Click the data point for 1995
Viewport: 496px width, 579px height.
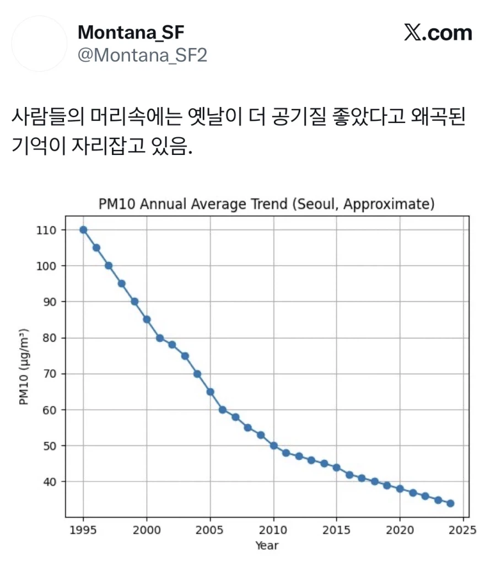tap(83, 230)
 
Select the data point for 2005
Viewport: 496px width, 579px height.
tap(210, 392)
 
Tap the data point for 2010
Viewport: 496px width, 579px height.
tap(273, 446)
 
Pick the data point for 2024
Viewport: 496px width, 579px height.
tap(450, 503)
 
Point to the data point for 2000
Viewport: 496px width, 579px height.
tap(147, 319)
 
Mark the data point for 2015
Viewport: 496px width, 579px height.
tap(336, 467)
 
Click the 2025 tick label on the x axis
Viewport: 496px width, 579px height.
tap(463, 530)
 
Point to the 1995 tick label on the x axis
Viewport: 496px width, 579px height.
tap(83, 530)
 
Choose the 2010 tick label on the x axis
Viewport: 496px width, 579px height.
tap(273, 530)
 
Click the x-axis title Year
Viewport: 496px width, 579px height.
tap(267, 546)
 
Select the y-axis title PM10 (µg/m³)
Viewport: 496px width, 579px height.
tap(24, 367)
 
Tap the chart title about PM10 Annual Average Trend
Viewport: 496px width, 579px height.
tap(267, 204)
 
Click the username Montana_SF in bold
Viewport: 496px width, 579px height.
tap(131, 33)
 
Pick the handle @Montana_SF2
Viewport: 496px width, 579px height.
tap(142, 56)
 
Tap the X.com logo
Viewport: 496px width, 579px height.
tap(438, 33)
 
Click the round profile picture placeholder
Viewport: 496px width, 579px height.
tap(39, 44)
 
